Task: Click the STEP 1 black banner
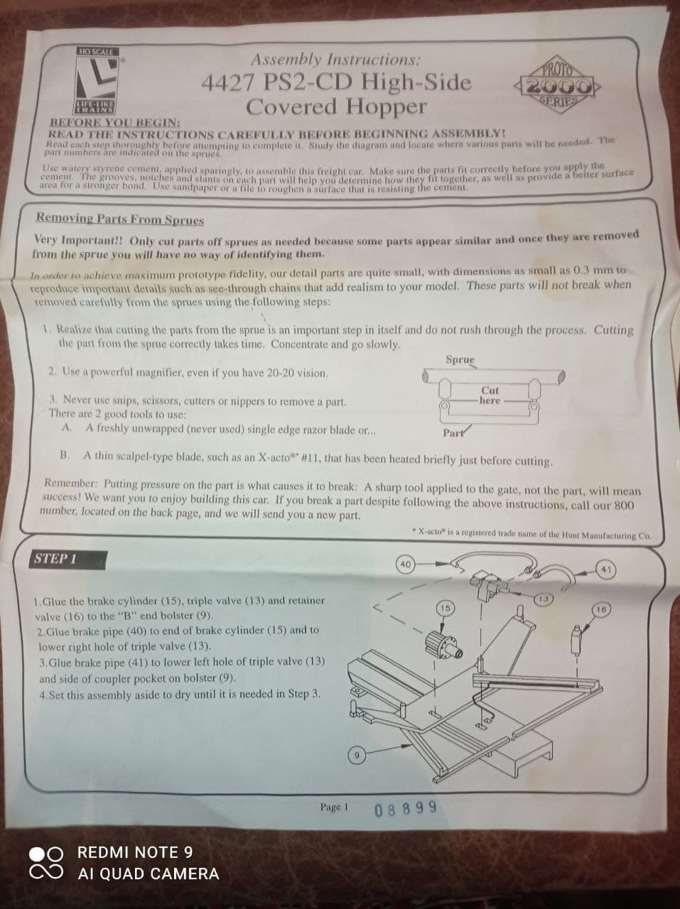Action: click(68, 560)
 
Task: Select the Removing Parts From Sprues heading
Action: click(120, 218)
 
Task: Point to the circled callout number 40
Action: click(405, 564)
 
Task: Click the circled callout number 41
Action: click(606, 570)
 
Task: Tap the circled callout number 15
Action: click(445, 609)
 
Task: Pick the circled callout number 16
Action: click(601, 609)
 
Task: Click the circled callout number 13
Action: click(544, 599)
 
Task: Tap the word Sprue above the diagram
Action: click(460, 359)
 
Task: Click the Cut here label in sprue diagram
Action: click(490, 395)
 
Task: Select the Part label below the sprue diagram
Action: click(453, 433)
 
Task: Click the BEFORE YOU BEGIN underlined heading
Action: click(115, 123)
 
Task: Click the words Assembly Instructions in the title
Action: click(335, 60)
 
